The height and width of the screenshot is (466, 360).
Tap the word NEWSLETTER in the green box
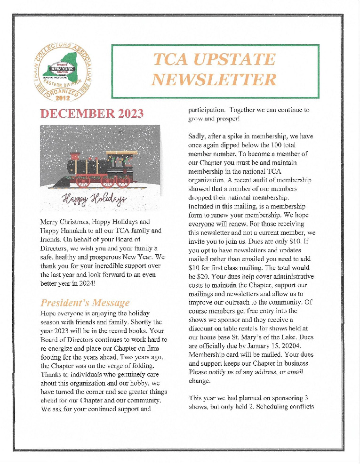pyautogui.click(x=214, y=80)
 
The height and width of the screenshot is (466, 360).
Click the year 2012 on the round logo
pyautogui.click(x=63, y=98)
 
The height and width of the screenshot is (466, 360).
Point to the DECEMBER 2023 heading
pyautogui.click(x=92, y=114)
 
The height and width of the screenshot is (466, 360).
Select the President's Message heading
pyautogui.click(x=85, y=302)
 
